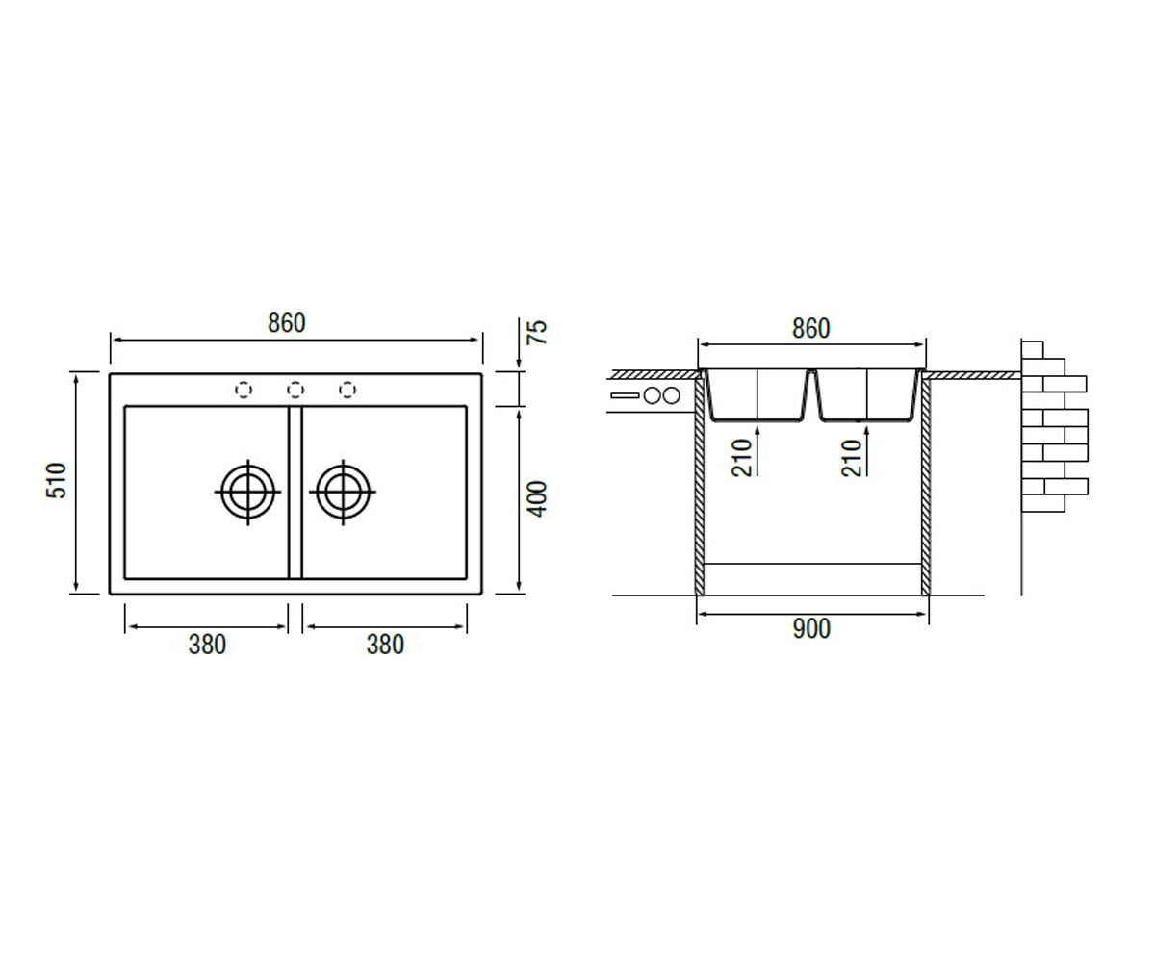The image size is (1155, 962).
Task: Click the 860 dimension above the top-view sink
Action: click(287, 323)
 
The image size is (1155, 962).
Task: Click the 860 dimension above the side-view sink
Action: click(811, 328)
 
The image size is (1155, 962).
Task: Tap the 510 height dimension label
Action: click(57, 480)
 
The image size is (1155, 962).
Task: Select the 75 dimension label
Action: click(536, 332)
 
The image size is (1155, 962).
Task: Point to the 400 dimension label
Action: click(536, 499)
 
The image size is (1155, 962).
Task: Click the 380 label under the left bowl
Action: click(207, 645)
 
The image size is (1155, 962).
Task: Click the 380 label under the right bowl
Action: click(385, 645)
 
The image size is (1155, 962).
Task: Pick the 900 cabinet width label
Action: click(811, 629)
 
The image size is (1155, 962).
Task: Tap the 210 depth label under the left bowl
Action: click(742, 458)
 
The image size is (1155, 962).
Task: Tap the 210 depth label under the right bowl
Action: click(851, 458)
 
